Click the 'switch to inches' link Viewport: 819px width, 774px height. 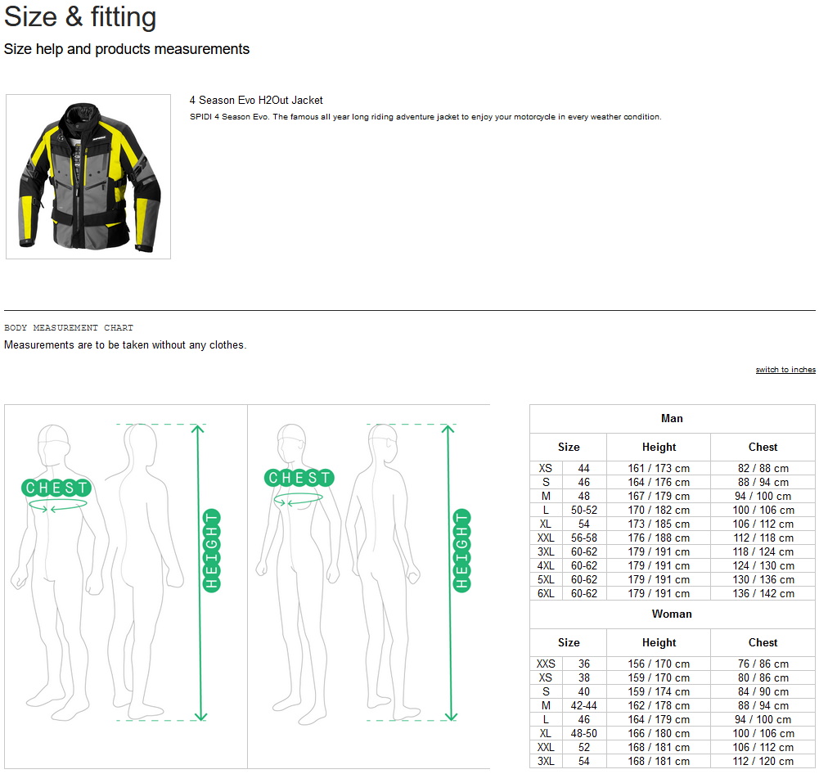pos(785,370)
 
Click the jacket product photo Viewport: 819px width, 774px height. pos(88,177)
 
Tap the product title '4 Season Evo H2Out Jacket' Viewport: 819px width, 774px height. pos(256,101)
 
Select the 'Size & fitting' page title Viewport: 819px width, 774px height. pos(80,17)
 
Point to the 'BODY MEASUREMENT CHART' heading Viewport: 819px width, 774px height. pos(69,328)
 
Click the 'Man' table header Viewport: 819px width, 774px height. pos(672,418)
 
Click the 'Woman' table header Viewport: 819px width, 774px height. pos(672,614)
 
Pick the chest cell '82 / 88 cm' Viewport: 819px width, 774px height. pos(763,469)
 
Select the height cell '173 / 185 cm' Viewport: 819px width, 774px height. pos(659,524)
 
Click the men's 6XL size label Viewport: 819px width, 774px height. pos(546,593)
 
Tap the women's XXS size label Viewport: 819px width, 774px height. pos(546,664)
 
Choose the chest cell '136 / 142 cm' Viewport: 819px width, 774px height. pos(763,593)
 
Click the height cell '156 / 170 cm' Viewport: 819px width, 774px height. pos(659,664)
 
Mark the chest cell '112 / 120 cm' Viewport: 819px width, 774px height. pos(763,762)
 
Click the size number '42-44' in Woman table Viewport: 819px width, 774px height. pos(584,705)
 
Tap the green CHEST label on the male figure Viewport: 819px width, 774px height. pos(56,488)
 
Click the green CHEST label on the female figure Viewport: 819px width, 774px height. pos(299,477)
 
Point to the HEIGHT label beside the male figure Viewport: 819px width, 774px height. pos(212,551)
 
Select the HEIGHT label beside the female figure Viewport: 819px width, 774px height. pos(461,551)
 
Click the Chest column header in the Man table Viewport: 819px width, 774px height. pos(763,447)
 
